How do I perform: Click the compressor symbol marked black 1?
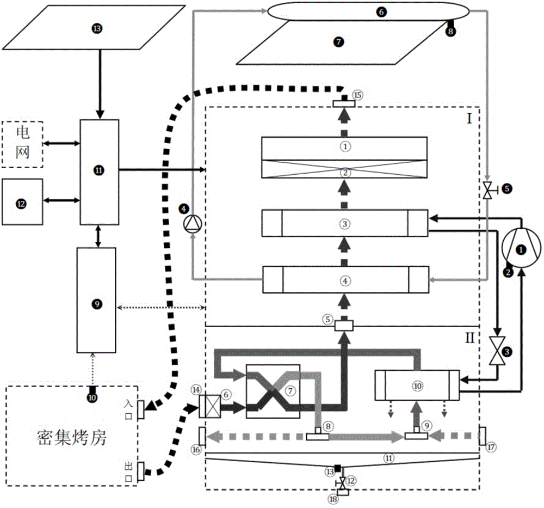[x=521, y=249]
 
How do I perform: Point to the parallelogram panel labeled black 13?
[x=98, y=29]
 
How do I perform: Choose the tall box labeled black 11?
[x=98, y=170]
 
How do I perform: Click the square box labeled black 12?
[x=22, y=201]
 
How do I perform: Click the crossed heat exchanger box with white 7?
[x=273, y=391]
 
